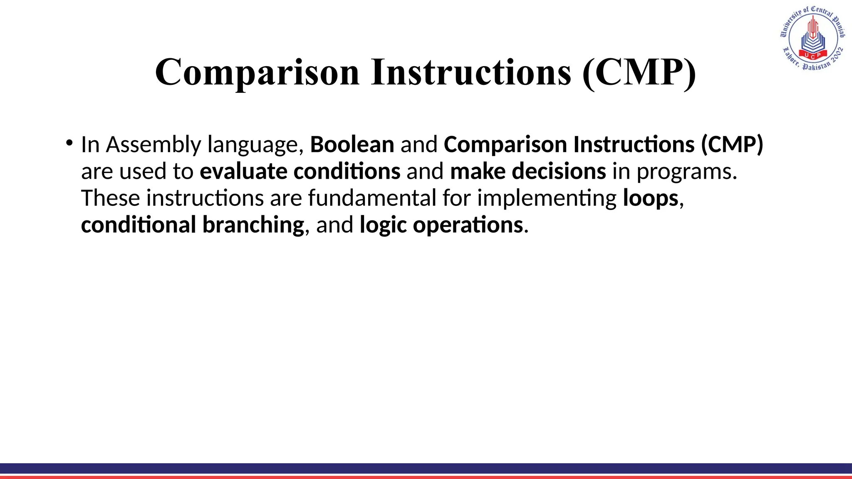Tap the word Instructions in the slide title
tap(471, 72)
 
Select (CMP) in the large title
tap(639, 72)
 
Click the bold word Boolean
tap(352, 145)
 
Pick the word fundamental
tap(372, 198)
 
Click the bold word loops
tap(651, 199)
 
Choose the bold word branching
tap(253, 225)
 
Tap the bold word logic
tap(383, 225)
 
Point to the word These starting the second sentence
tap(110, 198)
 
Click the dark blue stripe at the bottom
tap(426, 468)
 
